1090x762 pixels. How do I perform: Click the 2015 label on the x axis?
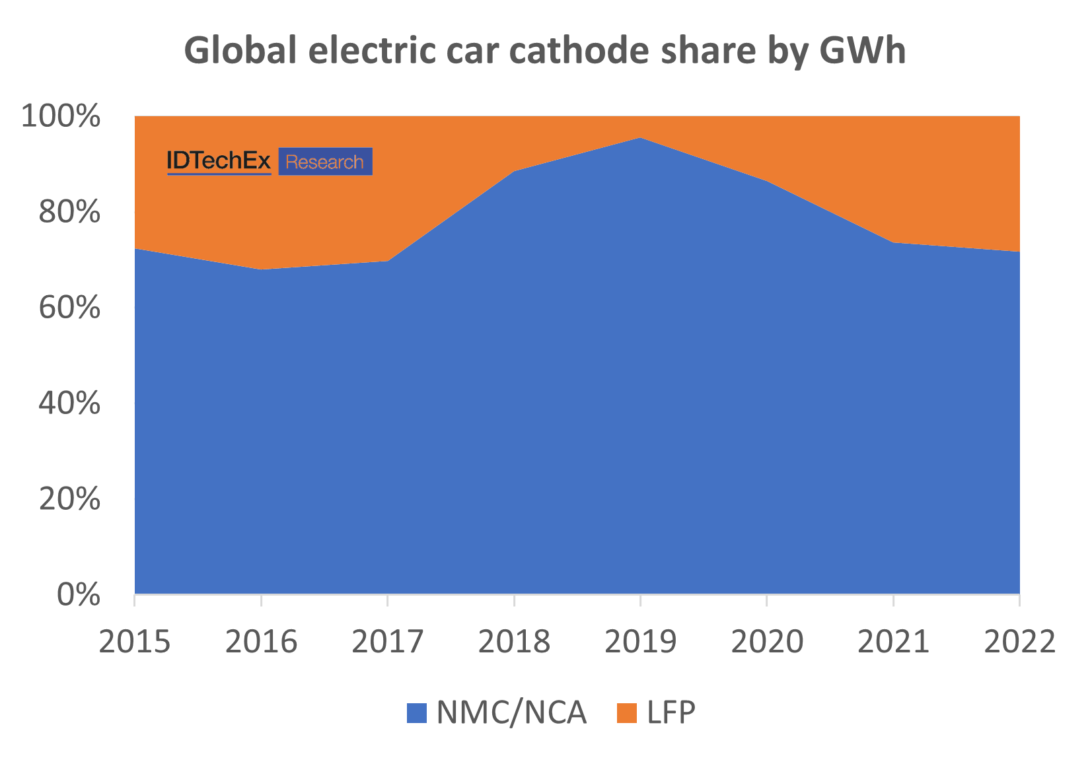[135, 641]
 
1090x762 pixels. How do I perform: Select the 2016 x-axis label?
[261, 641]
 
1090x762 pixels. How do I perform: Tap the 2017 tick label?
[387, 641]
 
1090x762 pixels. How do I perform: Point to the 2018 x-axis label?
[514, 641]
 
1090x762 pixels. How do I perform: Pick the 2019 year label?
[640, 641]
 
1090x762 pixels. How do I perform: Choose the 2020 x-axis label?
[767, 641]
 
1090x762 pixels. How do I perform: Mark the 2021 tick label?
[893, 641]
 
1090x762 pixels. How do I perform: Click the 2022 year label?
[1019, 641]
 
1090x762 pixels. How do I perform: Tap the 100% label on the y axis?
[61, 117]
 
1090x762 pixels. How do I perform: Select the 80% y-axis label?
[69, 213]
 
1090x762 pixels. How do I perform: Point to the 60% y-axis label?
[69, 308]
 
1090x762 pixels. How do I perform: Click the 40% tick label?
[69, 403]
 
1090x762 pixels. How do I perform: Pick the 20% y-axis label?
[69, 499]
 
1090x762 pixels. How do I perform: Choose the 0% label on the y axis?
[79, 595]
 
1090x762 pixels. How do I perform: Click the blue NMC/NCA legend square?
[418, 713]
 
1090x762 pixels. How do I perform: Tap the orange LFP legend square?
[626, 713]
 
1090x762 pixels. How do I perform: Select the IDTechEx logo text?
[219, 161]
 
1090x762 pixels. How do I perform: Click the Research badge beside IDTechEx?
[325, 162]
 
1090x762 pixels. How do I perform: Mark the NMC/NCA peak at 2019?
[640, 138]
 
